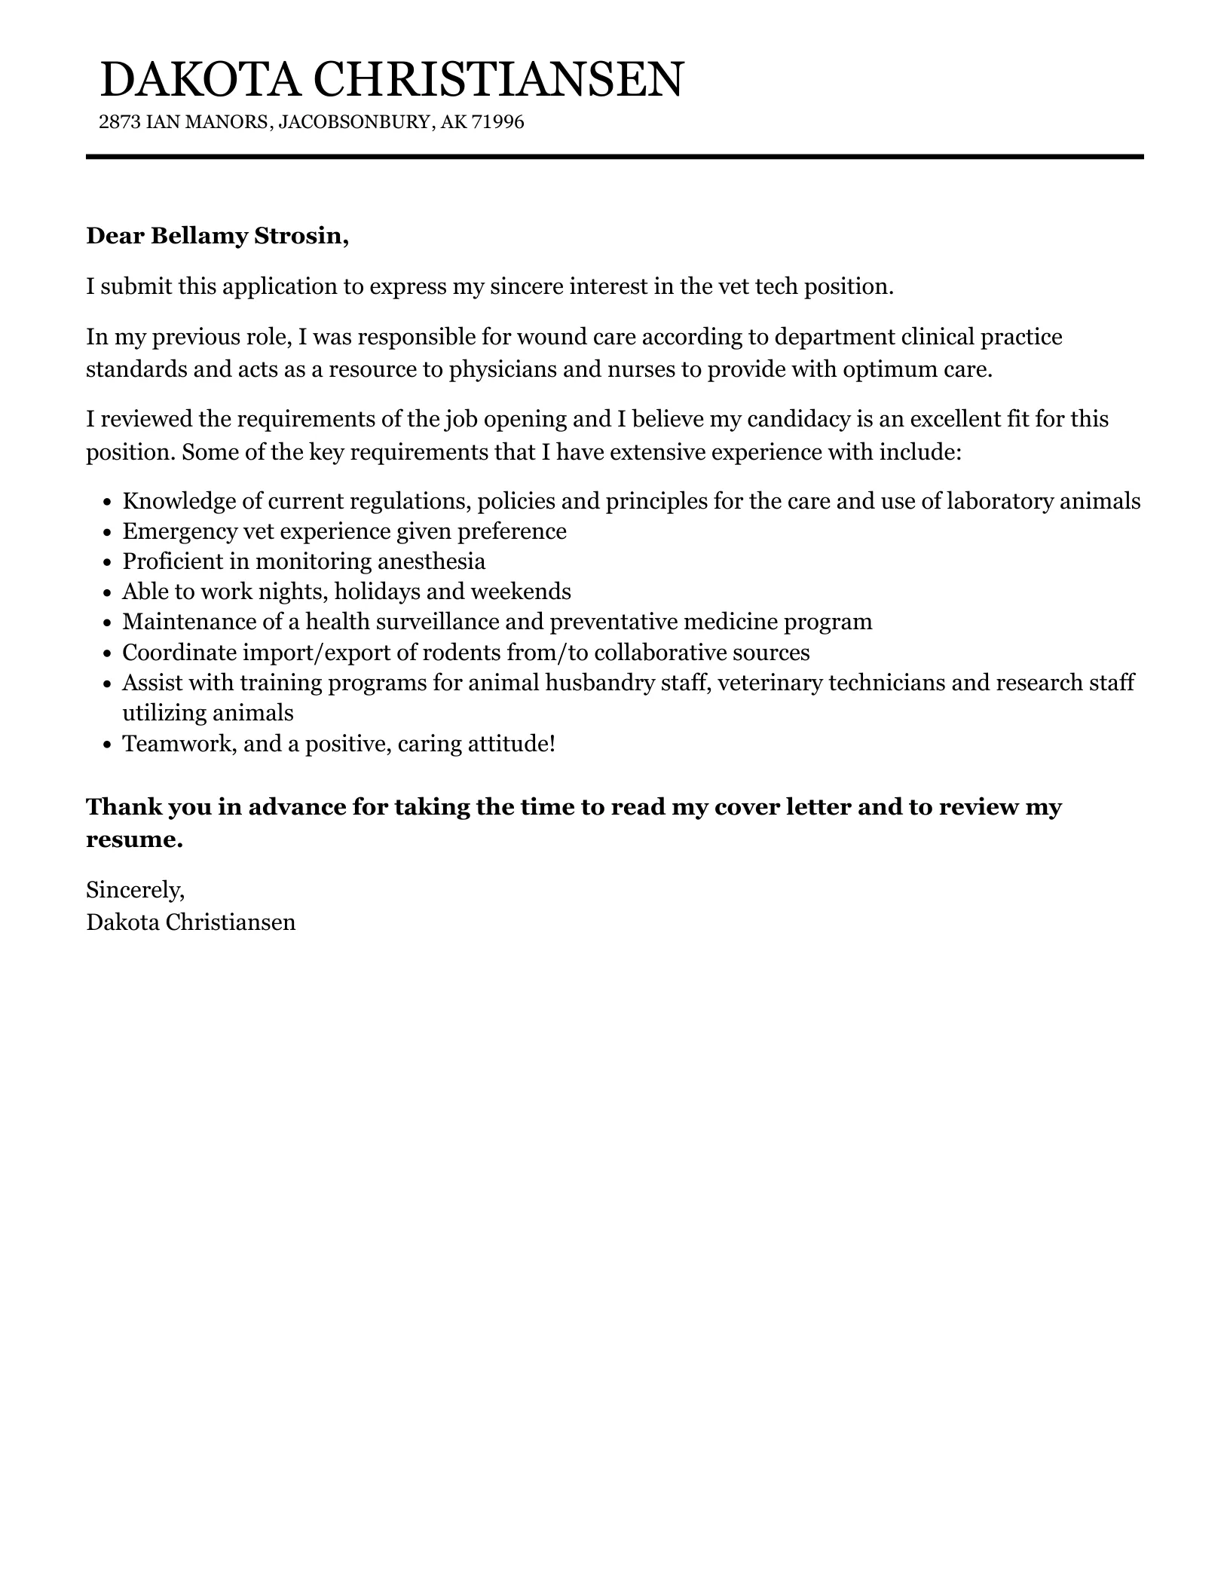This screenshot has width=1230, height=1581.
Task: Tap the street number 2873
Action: click(x=119, y=122)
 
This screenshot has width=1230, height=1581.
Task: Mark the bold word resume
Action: click(x=134, y=839)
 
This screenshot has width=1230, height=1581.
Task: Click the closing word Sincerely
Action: click(x=135, y=891)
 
